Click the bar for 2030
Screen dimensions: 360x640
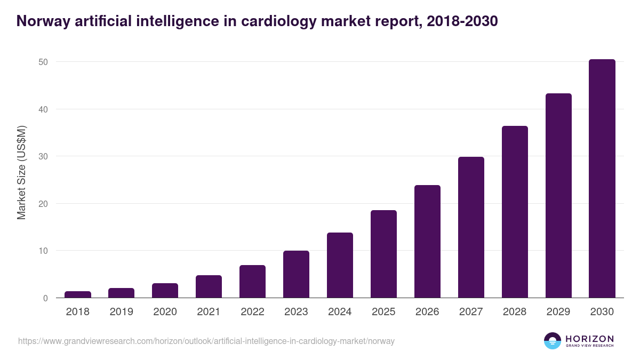click(602, 179)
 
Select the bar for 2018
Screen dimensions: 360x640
click(78, 294)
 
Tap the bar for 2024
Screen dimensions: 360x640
click(340, 265)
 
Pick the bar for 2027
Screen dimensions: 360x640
click(471, 227)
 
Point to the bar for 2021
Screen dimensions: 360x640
click(209, 286)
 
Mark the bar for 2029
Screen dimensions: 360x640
click(558, 196)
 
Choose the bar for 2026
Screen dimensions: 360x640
click(427, 242)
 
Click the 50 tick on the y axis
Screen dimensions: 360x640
click(43, 62)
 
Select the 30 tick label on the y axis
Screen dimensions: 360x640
click(43, 156)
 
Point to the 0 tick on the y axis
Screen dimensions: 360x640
click(45, 298)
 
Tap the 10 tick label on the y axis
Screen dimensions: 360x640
click(43, 251)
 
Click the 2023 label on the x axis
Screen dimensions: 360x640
click(296, 312)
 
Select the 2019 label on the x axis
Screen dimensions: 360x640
click(122, 312)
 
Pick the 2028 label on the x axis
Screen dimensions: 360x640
click(515, 312)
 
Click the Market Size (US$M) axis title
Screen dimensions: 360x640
click(21, 172)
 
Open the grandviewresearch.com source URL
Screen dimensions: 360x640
click(206, 341)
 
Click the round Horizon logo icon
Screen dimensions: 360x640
click(553, 341)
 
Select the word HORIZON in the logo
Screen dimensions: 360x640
click(589, 339)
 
